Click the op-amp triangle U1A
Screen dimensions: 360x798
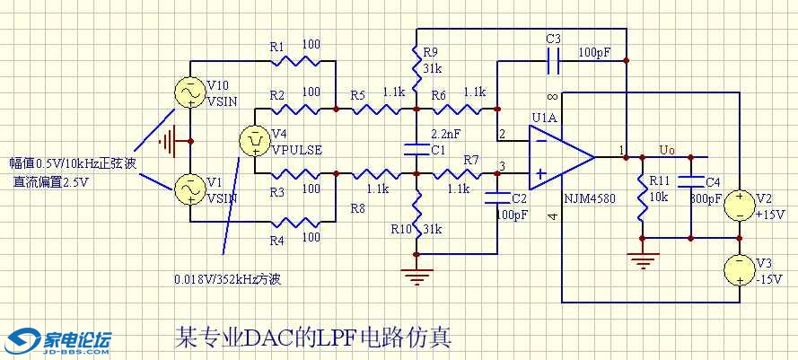click(x=558, y=157)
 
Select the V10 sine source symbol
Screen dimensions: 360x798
click(x=191, y=92)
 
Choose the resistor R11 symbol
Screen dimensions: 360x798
click(x=643, y=198)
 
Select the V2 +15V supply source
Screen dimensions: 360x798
click(x=738, y=206)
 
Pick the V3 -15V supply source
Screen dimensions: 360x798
click(x=738, y=268)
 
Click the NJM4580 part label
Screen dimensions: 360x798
click(x=590, y=199)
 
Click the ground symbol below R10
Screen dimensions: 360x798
click(x=416, y=275)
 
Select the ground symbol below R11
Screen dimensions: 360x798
click(x=643, y=261)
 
